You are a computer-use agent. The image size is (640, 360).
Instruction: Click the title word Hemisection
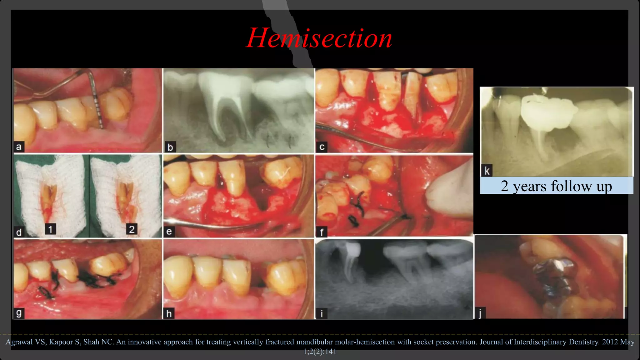pyautogui.click(x=319, y=38)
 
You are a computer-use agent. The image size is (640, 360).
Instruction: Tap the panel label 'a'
pyautogui.click(x=19, y=147)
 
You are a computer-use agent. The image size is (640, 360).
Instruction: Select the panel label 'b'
pyautogui.click(x=170, y=147)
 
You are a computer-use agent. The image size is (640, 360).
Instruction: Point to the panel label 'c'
pyautogui.click(x=322, y=147)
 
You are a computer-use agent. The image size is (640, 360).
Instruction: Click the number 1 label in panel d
pyautogui.click(x=50, y=229)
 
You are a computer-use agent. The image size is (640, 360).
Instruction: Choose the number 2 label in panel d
pyautogui.click(x=132, y=229)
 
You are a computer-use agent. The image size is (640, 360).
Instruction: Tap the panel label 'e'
pyautogui.click(x=169, y=231)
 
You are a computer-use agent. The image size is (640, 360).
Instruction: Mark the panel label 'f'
pyautogui.click(x=322, y=232)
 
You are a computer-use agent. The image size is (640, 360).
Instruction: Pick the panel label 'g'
pyautogui.click(x=19, y=313)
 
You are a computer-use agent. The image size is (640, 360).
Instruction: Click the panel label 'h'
pyautogui.click(x=169, y=313)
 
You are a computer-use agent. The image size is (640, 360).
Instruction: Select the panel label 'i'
pyautogui.click(x=322, y=313)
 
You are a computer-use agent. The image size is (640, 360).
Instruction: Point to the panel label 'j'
pyautogui.click(x=480, y=313)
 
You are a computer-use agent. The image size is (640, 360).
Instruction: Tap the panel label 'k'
pyautogui.click(x=487, y=171)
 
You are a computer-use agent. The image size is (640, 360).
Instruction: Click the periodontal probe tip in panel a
pyautogui.click(x=101, y=125)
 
